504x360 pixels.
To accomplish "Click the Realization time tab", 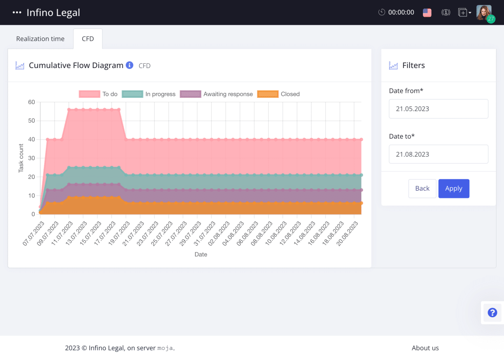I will click(x=40, y=39).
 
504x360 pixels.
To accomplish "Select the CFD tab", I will click(x=88, y=39).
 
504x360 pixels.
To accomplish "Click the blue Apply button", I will click(x=454, y=188).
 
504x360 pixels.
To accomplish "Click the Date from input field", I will click(x=438, y=109).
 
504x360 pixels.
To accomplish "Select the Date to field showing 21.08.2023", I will click(x=438, y=154).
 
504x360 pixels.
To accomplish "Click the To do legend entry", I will click(x=99, y=94).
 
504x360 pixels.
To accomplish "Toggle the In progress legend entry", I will click(x=149, y=94).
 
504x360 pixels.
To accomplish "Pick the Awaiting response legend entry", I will click(x=217, y=94).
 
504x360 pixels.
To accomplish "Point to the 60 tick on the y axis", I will click(x=31, y=102).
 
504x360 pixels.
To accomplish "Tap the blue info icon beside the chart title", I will click(x=130, y=65).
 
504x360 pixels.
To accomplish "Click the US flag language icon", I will click(x=427, y=13).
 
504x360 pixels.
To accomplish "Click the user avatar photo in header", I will click(x=483, y=12).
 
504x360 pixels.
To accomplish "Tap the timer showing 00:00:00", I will click(x=396, y=13).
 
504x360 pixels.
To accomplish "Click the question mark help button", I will click(x=492, y=313).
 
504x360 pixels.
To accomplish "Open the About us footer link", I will click(x=425, y=348).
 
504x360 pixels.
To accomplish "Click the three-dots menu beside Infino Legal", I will click(x=17, y=13).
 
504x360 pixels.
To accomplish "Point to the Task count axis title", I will click(x=21, y=158).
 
